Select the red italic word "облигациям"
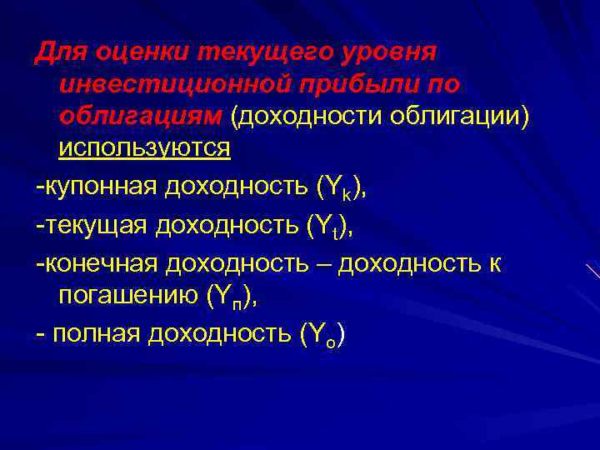(x=140, y=116)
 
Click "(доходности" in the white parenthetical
(x=307, y=116)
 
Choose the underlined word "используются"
(x=144, y=148)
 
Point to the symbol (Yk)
(x=339, y=188)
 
